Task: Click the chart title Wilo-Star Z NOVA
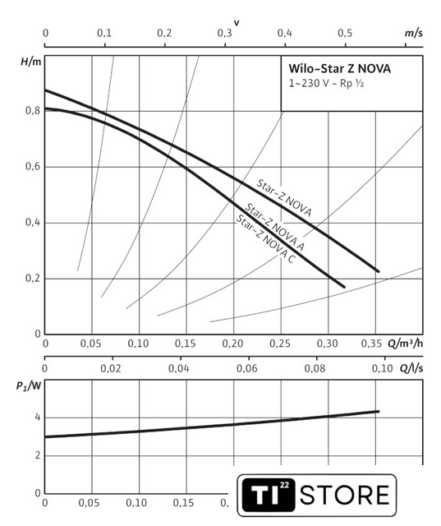pos(339,69)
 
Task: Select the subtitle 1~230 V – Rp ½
pos(326,83)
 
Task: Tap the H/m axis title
pos(31,62)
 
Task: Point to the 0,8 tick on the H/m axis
pos(33,110)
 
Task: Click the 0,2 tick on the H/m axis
pos(33,278)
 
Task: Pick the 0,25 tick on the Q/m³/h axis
pos(280,344)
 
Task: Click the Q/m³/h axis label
pos(405,344)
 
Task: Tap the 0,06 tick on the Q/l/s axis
pos(247,368)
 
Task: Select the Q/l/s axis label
pos(411,368)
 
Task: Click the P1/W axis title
pos(29,386)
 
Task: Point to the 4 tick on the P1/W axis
pos(38,418)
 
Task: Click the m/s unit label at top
pos(414,33)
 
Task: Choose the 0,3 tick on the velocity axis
pos(224,33)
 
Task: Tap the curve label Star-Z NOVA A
pos(275,227)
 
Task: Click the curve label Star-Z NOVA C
pos(266,238)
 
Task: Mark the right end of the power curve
pos(379,411)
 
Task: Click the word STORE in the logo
pos(344,495)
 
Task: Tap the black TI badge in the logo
pos(269,495)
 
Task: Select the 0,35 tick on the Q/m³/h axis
pos(372,344)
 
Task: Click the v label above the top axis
pos(237,23)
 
